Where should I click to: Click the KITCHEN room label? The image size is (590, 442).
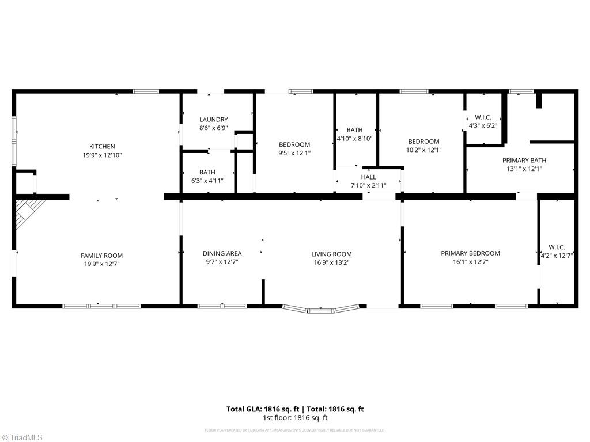pos(101,147)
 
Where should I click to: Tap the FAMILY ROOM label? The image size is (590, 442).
pos(101,256)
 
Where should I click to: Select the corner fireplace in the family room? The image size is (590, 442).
pos(29,212)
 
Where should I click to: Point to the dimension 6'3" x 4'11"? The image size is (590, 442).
pos(207,181)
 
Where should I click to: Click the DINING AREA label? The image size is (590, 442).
pos(222,253)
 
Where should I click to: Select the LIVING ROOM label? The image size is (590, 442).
pos(331,254)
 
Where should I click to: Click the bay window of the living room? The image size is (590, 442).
pos(322,310)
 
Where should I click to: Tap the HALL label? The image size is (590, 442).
pos(369,177)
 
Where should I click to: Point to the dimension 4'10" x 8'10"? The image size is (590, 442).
pos(354,138)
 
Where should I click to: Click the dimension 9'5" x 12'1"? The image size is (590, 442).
pos(294,153)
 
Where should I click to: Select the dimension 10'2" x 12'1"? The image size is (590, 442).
pos(423,150)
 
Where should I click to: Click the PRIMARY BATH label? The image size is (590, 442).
pos(524,161)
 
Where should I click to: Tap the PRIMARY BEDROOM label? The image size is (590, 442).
pos(470,253)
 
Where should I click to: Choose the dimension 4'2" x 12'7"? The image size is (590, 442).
pos(557,256)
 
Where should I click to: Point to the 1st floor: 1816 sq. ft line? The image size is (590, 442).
pos(295,418)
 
